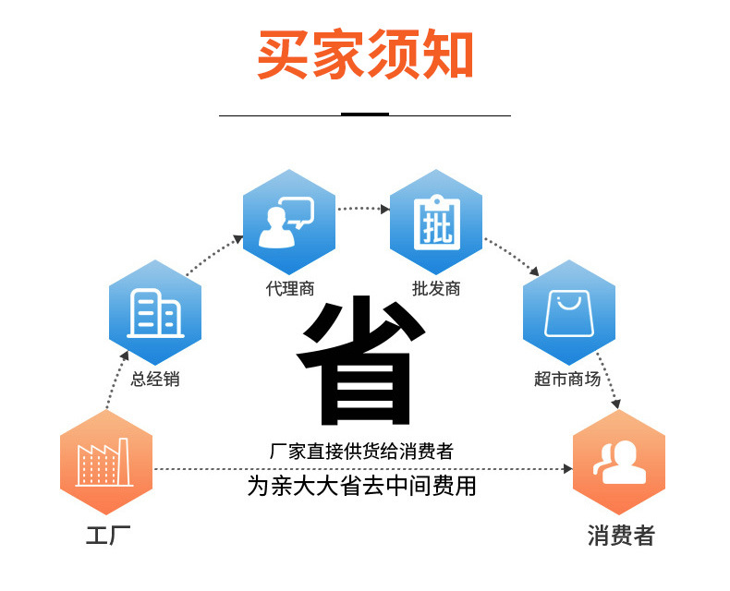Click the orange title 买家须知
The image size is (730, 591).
point(365,54)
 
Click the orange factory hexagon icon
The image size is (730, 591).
point(106,462)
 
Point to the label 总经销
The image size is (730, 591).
point(155,379)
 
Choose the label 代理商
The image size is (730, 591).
point(290,289)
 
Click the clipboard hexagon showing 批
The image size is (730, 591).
point(435,221)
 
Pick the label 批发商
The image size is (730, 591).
point(436,289)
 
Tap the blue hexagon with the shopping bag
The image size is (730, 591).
point(568,311)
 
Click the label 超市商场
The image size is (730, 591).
point(567,379)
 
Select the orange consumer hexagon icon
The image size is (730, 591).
point(619,462)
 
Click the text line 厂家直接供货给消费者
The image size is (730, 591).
point(361,452)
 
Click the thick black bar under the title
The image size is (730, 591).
point(365,115)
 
